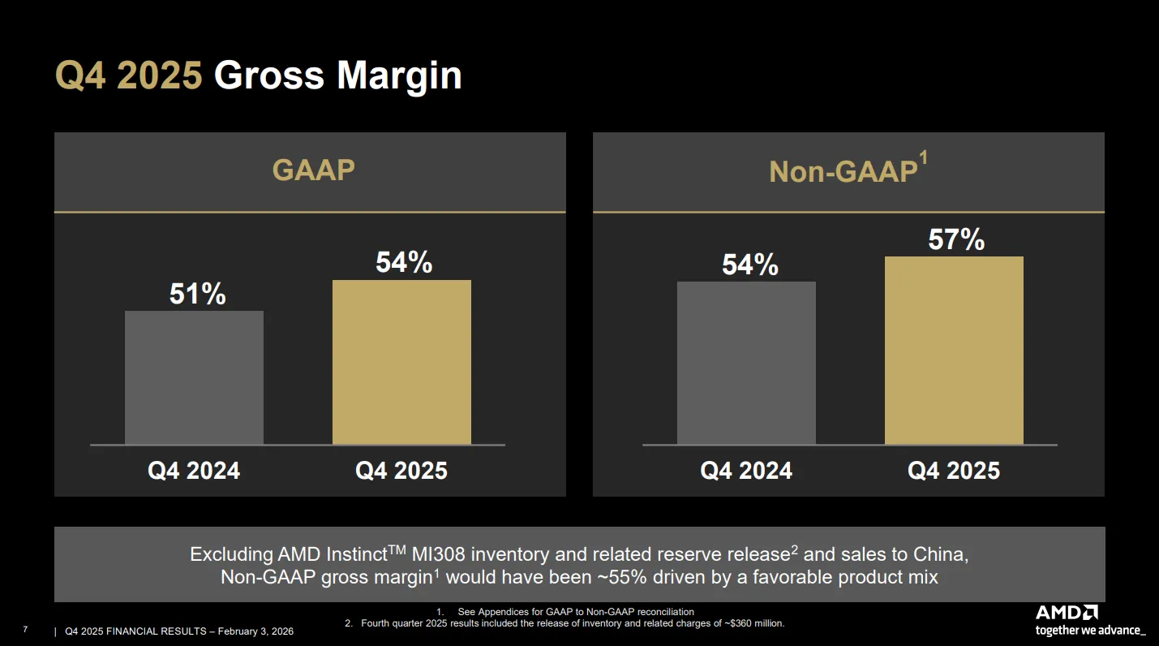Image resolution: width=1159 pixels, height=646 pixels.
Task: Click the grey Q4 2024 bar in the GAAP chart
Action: (x=194, y=377)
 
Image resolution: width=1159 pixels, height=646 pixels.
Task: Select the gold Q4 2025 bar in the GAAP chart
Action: (x=401, y=362)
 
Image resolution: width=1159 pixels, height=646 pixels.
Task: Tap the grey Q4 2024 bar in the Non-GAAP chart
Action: (x=746, y=363)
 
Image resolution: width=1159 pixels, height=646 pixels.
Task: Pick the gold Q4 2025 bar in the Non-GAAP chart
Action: (x=954, y=351)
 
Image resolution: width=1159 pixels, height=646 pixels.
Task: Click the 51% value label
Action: (x=198, y=294)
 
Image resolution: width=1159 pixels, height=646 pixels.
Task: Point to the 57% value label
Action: (x=956, y=239)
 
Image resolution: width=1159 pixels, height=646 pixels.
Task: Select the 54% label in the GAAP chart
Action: (x=404, y=262)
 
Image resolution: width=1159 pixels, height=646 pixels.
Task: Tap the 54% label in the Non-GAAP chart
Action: (x=749, y=265)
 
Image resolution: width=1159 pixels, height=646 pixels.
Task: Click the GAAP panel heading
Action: (x=314, y=170)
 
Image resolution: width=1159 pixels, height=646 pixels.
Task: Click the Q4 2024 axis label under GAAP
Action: (x=194, y=471)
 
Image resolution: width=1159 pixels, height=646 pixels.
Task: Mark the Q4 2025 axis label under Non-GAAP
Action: (x=954, y=471)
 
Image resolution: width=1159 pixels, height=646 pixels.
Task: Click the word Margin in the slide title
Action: (x=399, y=76)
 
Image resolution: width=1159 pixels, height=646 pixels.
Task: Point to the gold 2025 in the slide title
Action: (x=159, y=75)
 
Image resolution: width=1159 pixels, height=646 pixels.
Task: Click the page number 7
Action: (x=25, y=630)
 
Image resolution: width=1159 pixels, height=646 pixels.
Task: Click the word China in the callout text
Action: (x=940, y=553)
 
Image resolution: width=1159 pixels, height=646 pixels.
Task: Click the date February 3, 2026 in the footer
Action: (x=255, y=631)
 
